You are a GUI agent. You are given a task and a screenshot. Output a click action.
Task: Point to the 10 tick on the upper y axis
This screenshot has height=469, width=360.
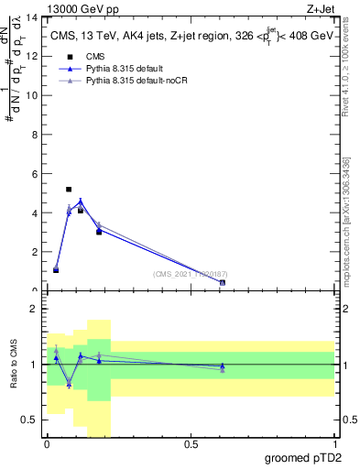coord(35,95)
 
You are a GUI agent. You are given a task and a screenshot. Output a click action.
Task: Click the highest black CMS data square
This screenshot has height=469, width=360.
coord(69,190)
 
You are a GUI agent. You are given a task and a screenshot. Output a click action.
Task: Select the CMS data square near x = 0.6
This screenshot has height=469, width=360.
coord(223,283)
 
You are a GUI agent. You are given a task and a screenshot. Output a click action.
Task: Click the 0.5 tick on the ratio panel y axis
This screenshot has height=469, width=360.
coord(33,420)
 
